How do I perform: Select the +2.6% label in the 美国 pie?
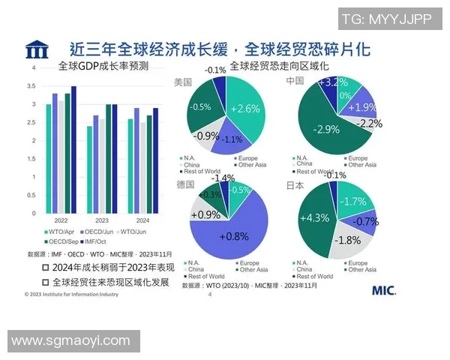[245, 109]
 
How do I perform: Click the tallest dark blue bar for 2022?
[73, 149]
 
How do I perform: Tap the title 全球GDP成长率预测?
[103, 67]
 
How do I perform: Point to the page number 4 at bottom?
[209, 295]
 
